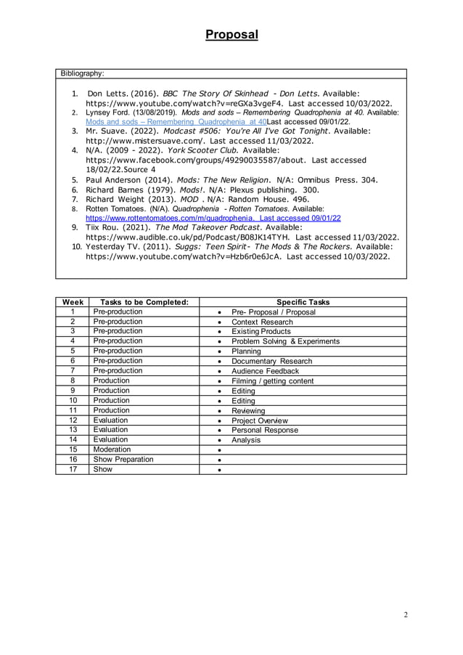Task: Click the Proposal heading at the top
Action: [x=231, y=35]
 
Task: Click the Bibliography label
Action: [x=82, y=73]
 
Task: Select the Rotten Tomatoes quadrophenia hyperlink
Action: [x=213, y=217]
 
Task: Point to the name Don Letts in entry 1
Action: [x=108, y=94]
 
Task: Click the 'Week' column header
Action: [x=73, y=302]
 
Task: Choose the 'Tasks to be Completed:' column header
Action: [x=144, y=302]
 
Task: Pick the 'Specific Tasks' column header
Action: [x=303, y=302]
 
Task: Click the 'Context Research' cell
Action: [x=262, y=322]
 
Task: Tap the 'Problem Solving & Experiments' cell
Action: [x=285, y=341]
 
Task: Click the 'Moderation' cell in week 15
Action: [x=112, y=449]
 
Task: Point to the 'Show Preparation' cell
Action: [x=123, y=459]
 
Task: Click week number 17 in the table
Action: [x=73, y=469]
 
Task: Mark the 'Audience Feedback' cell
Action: [x=265, y=371]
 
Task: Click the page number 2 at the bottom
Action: [x=406, y=615]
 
